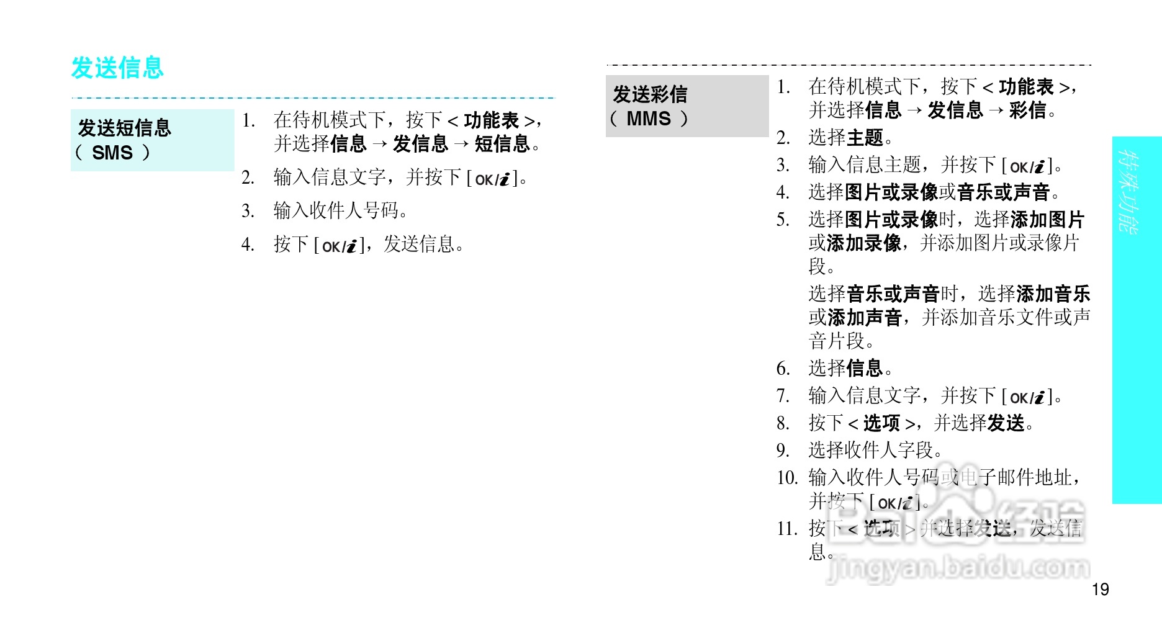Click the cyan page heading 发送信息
coord(117,68)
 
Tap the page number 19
coord(1100,589)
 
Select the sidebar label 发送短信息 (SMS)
coord(124,140)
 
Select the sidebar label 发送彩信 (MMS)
coord(650,106)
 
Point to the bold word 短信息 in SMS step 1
coord(502,144)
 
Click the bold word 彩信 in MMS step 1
coord(1027,110)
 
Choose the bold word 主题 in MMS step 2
coord(865,137)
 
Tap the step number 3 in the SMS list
coord(248,211)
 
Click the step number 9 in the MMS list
coord(783,450)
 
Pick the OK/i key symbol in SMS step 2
coord(492,179)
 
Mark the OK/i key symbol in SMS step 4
coord(340,246)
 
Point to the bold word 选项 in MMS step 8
coord(881,423)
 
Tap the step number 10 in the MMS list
coord(786,478)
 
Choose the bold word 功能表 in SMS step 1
coord(491,120)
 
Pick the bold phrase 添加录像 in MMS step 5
coord(864,243)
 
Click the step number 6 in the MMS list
coord(783,369)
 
